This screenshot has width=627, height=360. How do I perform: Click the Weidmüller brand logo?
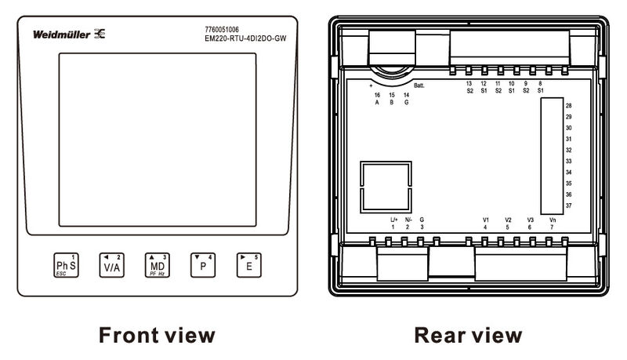pos(71,35)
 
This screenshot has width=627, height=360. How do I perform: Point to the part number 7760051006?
pos(222,29)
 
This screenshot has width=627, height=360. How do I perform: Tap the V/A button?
pos(111,266)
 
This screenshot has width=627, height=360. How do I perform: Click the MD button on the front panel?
pos(156,266)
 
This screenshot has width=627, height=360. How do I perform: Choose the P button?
pos(202,266)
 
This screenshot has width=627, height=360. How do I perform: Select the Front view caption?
pos(156,336)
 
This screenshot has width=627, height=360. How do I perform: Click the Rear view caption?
pos(468,336)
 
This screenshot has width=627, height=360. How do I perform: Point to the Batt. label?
pos(419,84)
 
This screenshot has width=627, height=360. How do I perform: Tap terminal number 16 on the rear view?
pos(377,95)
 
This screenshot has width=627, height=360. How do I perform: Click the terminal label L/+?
pos(394,220)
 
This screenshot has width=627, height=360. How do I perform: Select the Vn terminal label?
pos(553,220)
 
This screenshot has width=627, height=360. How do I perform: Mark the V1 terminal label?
pos(486,220)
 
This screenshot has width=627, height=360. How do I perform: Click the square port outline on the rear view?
pos(386,187)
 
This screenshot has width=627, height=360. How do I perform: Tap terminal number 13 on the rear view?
pos(469,83)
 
